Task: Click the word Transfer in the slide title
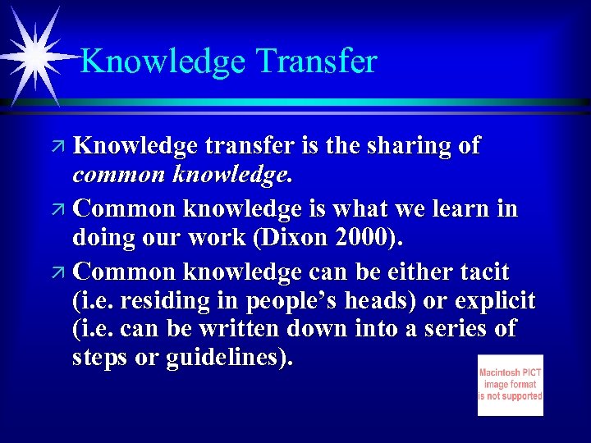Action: [x=316, y=62]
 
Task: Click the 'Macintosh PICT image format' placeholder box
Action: [x=510, y=385]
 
